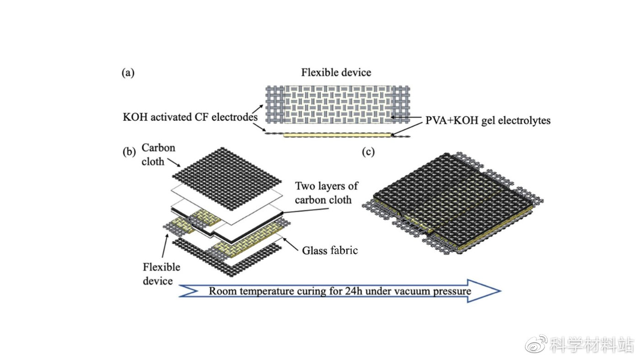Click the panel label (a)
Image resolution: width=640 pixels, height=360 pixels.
click(128, 73)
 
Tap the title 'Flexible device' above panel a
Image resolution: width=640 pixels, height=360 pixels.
click(336, 73)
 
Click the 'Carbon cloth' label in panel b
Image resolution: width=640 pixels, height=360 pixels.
click(158, 155)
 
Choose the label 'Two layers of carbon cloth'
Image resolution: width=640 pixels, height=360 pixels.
click(326, 193)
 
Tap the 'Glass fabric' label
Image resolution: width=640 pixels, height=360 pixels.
click(330, 250)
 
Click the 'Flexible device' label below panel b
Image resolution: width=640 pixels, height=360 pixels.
click(161, 274)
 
